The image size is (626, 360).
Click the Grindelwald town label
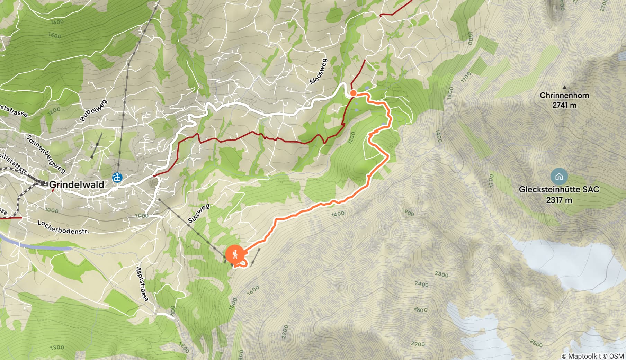(x=77, y=184)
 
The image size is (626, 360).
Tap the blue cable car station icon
(x=117, y=178)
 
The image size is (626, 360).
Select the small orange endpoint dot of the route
(x=353, y=93)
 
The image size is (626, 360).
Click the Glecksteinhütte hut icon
(x=559, y=177)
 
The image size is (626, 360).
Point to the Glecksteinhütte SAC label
(x=559, y=189)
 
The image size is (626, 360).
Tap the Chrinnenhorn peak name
(x=564, y=95)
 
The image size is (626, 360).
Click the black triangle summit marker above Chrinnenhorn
(x=565, y=87)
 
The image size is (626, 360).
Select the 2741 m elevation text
(x=564, y=105)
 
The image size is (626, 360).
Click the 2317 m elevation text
(x=559, y=200)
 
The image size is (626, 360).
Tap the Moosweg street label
(x=318, y=72)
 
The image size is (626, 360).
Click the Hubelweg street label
(x=93, y=111)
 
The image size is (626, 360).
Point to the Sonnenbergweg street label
(x=46, y=154)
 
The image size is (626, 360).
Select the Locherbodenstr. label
(x=63, y=227)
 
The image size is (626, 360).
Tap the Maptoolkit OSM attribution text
(x=592, y=356)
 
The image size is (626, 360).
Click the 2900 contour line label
(x=418, y=344)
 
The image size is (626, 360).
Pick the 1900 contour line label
(x=408, y=212)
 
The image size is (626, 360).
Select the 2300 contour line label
(x=441, y=274)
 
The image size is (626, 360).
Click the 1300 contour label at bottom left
(x=57, y=347)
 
